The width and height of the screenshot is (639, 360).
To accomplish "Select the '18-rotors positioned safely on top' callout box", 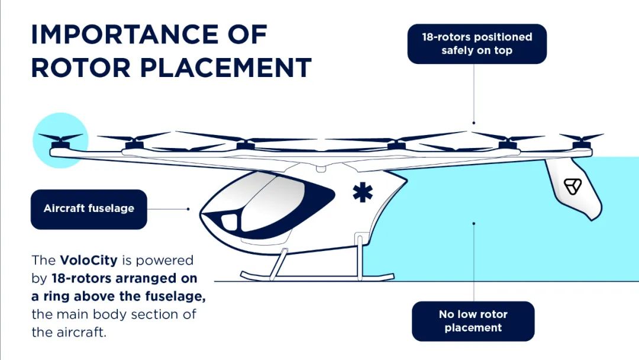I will point(477,44).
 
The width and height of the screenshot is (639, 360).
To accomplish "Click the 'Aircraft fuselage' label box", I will point(89,209).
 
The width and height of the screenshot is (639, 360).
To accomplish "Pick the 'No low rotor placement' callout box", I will point(473,321).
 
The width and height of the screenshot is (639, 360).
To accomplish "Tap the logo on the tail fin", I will point(573,186).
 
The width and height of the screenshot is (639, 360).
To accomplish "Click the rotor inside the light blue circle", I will point(60,140).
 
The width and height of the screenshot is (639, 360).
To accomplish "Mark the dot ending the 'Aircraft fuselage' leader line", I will point(188,208).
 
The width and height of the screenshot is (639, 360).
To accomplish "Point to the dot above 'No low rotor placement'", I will point(473,223).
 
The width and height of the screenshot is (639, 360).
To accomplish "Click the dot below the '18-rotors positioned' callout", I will point(473,123).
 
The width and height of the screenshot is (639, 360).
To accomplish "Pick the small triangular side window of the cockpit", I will point(229,223).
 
